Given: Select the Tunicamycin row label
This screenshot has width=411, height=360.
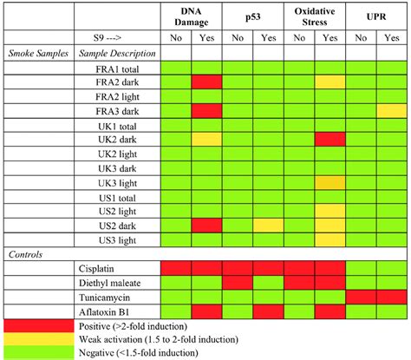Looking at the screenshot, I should (x=129, y=297).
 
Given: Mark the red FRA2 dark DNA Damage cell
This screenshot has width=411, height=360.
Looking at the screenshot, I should (x=206, y=82).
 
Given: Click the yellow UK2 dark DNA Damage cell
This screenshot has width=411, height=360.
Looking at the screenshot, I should (x=206, y=139).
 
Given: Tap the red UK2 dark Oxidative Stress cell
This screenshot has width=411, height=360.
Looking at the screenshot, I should (x=330, y=139).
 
